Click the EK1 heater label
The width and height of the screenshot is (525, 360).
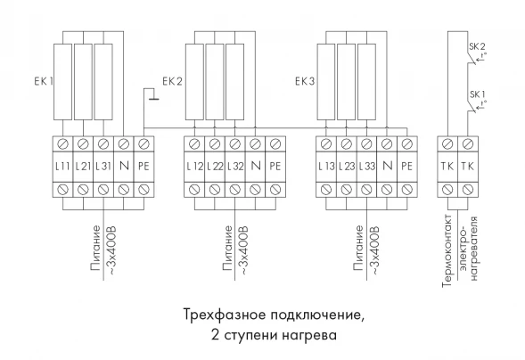click(45, 81)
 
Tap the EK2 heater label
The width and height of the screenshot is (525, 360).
click(173, 81)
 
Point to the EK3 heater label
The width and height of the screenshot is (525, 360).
click(304, 81)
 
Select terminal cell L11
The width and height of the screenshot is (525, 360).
click(62, 166)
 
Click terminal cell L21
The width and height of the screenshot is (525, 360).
click(83, 166)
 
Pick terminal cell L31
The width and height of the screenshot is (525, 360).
click(103, 166)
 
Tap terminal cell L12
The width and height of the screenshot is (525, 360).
click(193, 166)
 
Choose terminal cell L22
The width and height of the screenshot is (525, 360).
click(214, 166)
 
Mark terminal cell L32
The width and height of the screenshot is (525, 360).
click(234, 166)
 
